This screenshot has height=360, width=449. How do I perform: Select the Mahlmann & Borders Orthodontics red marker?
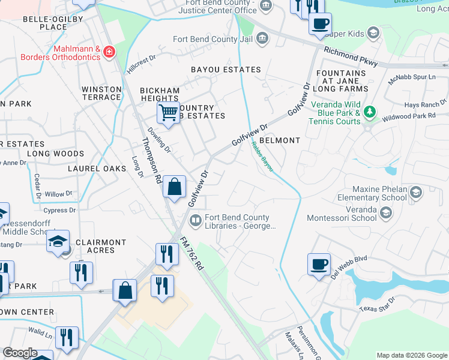109,52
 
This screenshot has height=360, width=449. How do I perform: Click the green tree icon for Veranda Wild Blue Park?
370,112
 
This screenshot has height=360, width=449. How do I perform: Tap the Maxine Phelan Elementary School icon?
415,193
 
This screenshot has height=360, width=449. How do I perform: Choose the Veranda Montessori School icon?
386,213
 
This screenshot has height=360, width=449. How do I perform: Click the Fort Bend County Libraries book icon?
195,221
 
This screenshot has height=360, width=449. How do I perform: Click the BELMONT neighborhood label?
279,140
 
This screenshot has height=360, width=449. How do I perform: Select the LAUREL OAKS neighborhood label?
97,169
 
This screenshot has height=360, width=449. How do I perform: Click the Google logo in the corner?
20,353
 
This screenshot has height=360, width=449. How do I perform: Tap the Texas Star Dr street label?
377,304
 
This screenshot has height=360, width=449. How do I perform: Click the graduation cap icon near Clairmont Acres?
58,242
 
